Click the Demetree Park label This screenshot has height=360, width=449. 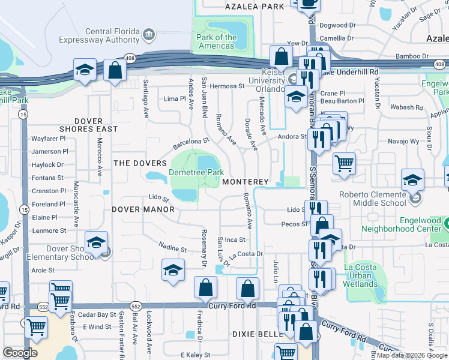click(196, 172)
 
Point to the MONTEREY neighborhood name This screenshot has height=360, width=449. click(244, 182)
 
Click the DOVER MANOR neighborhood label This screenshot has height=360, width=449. click(143, 209)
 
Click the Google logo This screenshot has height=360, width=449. click(20, 352)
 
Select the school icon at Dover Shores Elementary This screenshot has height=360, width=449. click(96, 242)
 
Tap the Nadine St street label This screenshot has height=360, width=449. click(173, 246)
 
